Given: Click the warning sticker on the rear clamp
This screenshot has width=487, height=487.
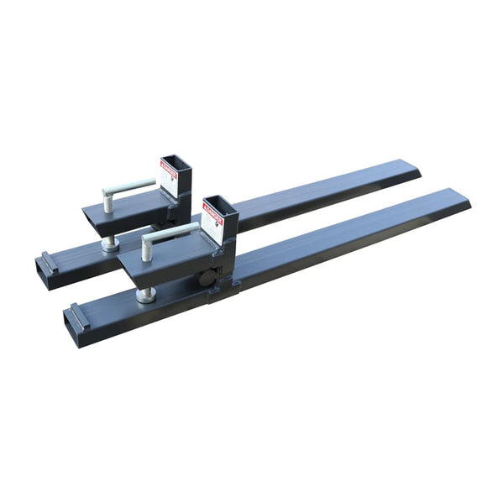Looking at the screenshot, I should click(x=169, y=177).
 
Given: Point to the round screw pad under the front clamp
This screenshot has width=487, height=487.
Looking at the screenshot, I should click(x=146, y=295).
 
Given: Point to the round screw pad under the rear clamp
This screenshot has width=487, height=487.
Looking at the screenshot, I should click(x=109, y=245).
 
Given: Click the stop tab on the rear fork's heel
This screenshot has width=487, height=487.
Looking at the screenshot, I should click(x=48, y=261).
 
